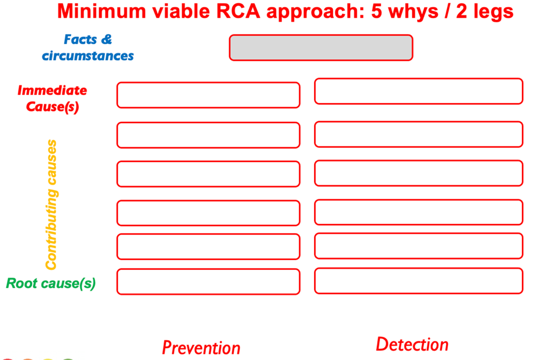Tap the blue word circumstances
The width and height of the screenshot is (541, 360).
pyautogui.click(x=87, y=56)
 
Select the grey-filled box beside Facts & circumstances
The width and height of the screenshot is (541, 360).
pyautogui.click(x=321, y=48)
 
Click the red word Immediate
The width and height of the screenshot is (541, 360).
pyautogui.click(x=52, y=91)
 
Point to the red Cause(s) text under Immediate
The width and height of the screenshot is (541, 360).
pyautogui.click(x=52, y=107)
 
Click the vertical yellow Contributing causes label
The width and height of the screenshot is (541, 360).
pyautogui.click(x=51, y=204)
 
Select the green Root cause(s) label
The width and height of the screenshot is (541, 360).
pyautogui.click(x=51, y=284)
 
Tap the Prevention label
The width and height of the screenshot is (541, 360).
pyautogui.click(x=201, y=347)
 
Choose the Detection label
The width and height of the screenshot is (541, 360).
pyautogui.click(x=412, y=344)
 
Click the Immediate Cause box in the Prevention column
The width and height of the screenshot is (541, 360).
pyautogui.click(x=208, y=95)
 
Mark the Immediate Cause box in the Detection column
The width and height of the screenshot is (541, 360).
pyautogui.click(x=418, y=91)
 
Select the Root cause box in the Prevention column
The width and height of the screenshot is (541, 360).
pyautogui.click(x=208, y=281)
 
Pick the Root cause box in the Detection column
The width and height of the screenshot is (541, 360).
pyautogui.click(x=418, y=281)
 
